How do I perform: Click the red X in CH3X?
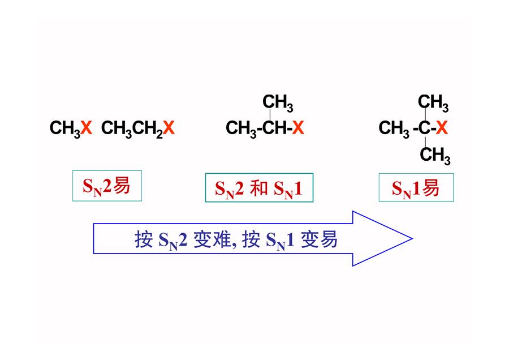(x=87, y=127)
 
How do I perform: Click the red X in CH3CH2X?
(x=169, y=127)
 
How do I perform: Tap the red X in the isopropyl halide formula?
(x=297, y=127)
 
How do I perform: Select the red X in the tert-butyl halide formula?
(x=442, y=127)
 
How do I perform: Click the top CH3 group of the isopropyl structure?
(x=278, y=103)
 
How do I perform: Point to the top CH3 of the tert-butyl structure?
(x=433, y=103)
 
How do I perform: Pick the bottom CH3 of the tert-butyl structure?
(x=435, y=155)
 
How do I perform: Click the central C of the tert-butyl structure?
(x=424, y=127)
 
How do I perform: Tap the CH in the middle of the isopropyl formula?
(x=275, y=127)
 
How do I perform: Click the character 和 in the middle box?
(x=258, y=188)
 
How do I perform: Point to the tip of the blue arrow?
(x=413, y=238)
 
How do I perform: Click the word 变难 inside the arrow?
(x=212, y=240)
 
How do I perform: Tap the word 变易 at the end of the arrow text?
(x=319, y=240)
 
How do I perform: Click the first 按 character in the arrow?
(x=144, y=240)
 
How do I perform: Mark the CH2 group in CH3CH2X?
(x=148, y=128)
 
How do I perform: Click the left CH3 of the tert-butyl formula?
(x=394, y=128)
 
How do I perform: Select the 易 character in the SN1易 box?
(x=430, y=188)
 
